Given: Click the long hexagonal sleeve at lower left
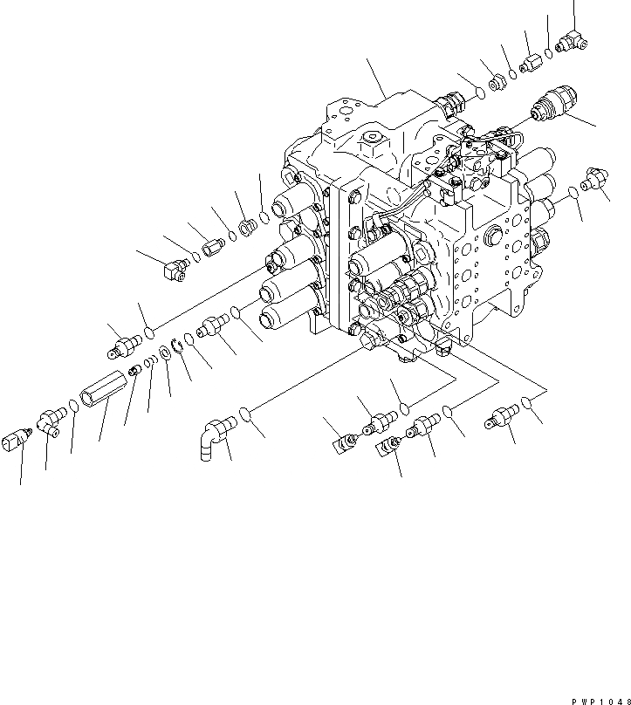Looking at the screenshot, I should pos(101,400).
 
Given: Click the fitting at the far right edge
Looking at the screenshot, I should pos(596,180).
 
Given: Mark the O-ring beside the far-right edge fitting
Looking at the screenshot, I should pos(572,191).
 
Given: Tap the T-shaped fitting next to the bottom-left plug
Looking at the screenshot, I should pos(50,425).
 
